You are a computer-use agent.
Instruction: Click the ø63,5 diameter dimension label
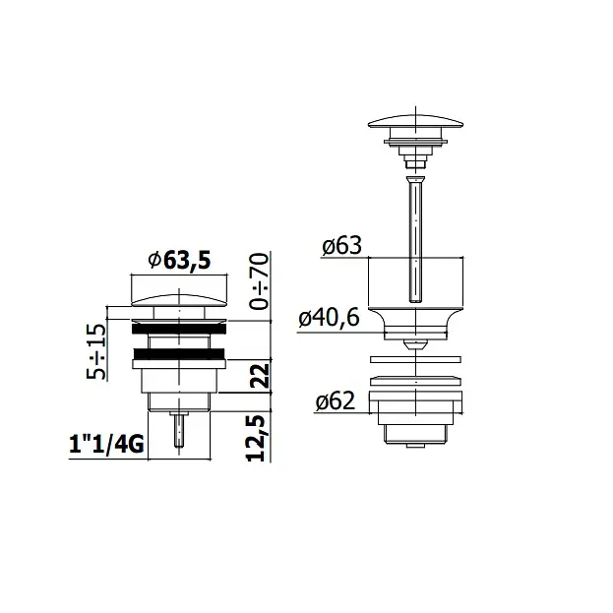click(x=179, y=260)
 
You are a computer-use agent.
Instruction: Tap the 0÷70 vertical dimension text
click(x=260, y=281)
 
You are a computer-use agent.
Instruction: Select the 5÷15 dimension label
click(x=96, y=351)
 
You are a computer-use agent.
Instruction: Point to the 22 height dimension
click(x=260, y=376)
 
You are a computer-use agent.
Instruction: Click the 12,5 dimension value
click(x=256, y=438)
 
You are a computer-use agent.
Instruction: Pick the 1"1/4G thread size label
click(x=106, y=445)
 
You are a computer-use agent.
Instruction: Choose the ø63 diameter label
click(x=341, y=246)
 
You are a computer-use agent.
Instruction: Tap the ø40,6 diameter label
click(x=329, y=318)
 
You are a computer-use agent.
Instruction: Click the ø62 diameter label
click(x=336, y=401)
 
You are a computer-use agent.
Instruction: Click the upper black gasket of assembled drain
click(x=179, y=329)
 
